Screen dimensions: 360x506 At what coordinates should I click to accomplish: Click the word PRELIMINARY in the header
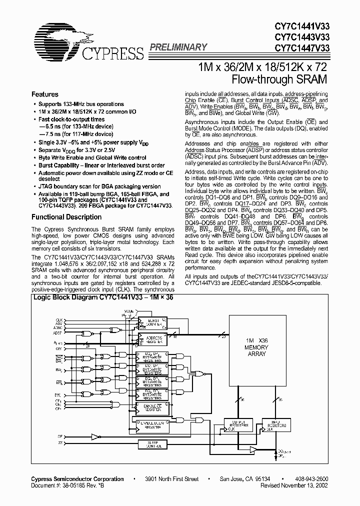178,47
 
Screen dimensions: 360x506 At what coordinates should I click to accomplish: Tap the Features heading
44,94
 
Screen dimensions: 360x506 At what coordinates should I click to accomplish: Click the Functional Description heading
66,217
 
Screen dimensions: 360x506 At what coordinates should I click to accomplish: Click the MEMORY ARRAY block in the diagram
256,350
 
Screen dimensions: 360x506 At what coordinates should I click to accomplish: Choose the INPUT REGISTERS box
275,424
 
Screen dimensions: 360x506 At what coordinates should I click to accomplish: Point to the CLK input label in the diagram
59,319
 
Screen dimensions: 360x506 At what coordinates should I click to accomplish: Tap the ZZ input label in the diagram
60,443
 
